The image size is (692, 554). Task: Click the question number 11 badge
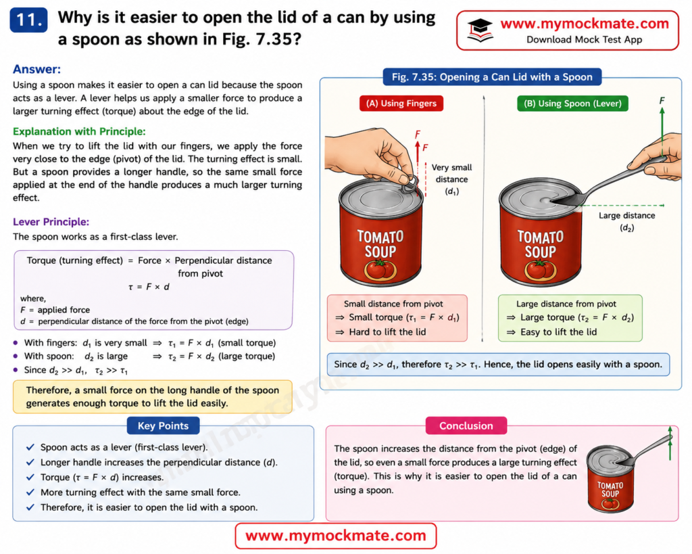(x=28, y=20)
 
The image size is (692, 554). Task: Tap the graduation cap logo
(x=480, y=30)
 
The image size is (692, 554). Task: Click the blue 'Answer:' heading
(x=36, y=70)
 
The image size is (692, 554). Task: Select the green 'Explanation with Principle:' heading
(x=79, y=132)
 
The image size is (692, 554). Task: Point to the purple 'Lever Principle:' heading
(x=51, y=222)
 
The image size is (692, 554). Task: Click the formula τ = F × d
(x=149, y=287)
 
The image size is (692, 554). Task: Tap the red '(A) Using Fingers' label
(x=401, y=103)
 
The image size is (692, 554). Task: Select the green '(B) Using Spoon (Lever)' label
(x=572, y=103)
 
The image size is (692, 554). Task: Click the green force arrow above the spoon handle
(x=662, y=133)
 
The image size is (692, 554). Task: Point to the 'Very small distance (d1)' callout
(x=451, y=179)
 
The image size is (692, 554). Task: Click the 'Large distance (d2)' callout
(x=626, y=221)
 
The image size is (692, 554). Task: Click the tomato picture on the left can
(x=380, y=270)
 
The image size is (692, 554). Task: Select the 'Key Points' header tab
(x=163, y=426)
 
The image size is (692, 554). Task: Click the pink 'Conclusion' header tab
(x=466, y=426)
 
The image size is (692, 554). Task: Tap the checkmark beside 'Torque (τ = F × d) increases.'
(x=30, y=477)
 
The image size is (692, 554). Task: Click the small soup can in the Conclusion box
(x=611, y=480)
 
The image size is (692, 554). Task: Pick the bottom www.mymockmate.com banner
(x=335, y=536)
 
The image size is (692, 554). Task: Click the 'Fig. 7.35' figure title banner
(x=492, y=77)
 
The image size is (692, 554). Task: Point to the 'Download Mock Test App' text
(x=584, y=39)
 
